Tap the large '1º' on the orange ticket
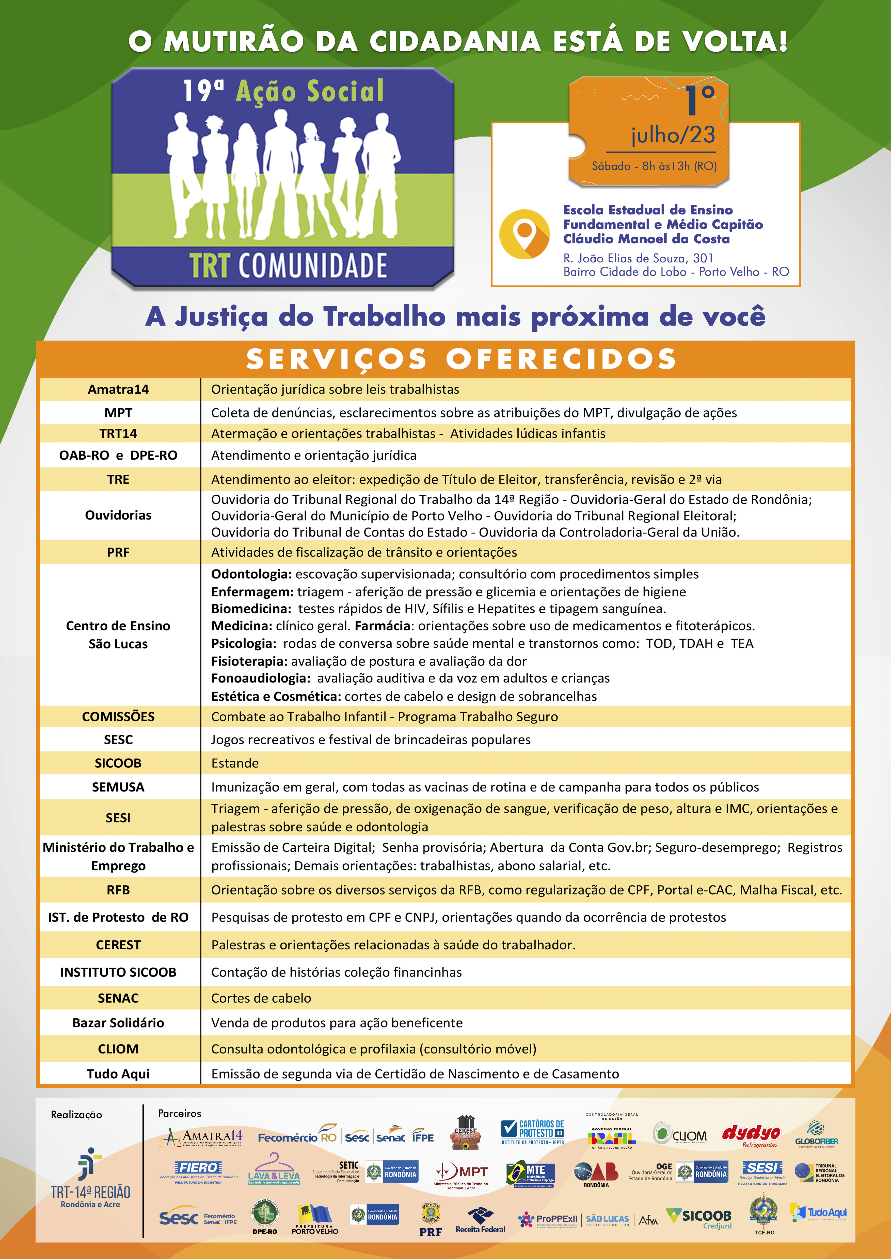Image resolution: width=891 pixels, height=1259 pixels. (x=699, y=100)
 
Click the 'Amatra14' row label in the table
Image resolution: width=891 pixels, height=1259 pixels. (x=118, y=389)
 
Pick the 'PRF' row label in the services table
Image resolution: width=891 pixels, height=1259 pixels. (x=118, y=552)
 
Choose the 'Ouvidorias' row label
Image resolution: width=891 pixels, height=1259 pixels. (x=118, y=515)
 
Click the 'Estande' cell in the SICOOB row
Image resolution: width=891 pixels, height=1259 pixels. (x=235, y=763)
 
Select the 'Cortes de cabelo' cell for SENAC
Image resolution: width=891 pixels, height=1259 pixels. (x=261, y=998)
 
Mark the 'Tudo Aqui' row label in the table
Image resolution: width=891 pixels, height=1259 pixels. (x=118, y=1074)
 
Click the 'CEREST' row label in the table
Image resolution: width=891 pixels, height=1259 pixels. (x=118, y=945)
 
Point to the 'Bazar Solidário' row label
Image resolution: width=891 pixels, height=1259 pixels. (x=118, y=1023)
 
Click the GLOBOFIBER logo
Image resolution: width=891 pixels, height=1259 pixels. (x=816, y=1135)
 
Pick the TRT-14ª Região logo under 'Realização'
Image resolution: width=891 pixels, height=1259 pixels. (x=90, y=1179)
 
